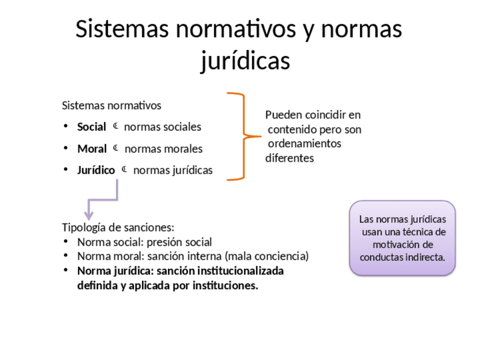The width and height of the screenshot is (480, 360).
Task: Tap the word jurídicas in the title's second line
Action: (245, 61)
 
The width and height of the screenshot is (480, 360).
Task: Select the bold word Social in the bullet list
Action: (92, 127)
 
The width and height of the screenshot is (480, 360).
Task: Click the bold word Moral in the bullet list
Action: (92, 149)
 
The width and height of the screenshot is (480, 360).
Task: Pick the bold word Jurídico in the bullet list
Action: (96, 170)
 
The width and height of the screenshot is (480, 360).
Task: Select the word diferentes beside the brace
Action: (289, 158)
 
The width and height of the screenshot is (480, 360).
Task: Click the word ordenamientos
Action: (305, 144)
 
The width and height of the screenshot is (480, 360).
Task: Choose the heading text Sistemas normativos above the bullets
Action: (112, 106)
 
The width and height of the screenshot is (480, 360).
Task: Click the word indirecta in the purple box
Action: (423, 257)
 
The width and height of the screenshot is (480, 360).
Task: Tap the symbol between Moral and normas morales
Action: (115, 148)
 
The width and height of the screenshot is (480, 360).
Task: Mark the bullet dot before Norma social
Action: (65, 242)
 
